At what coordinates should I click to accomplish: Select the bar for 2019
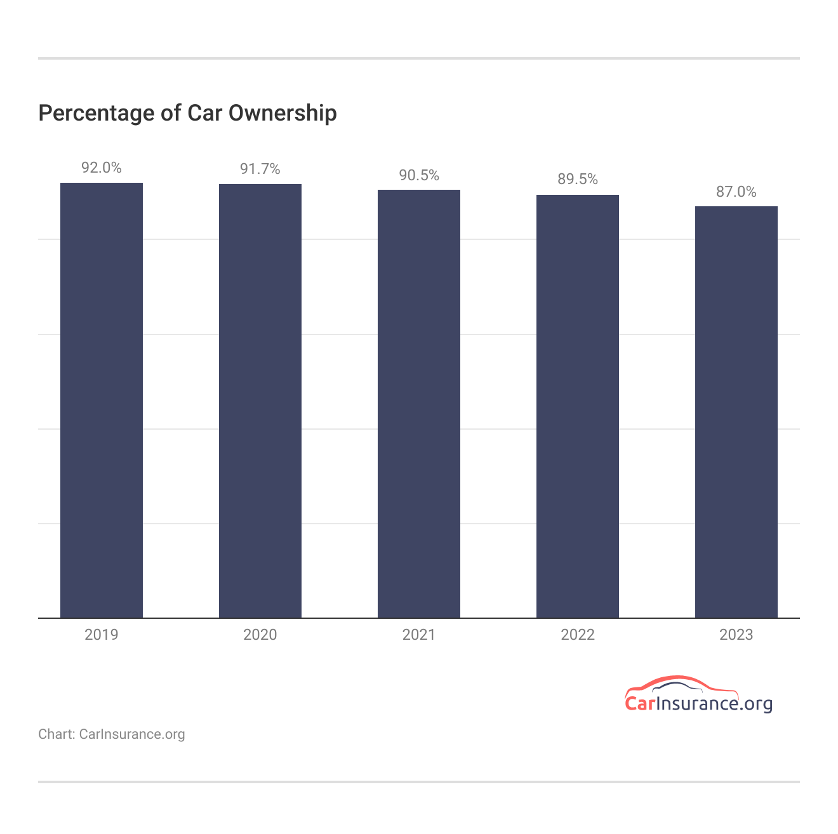(x=102, y=400)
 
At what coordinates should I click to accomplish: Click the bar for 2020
(x=260, y=400)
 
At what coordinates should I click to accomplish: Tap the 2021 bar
(x=419, y=404)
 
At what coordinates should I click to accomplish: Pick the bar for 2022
(x=578, y=406)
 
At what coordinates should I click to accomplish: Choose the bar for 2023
(x=736, y=412)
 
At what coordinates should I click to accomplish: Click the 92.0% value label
(x=102, y=168)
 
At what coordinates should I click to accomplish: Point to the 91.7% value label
(x=260, y=169)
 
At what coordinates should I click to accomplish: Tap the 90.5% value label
(x=419, y=175)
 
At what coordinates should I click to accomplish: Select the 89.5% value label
(x=578, y=179)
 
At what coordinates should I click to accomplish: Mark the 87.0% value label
(x=736, y=192)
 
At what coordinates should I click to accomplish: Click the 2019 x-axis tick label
(x=102, y=635)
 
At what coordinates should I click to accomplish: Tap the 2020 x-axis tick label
(x=260, y=635)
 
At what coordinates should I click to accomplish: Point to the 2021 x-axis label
(x=419, y=635)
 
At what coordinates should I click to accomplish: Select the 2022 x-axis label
(x=578, y=635)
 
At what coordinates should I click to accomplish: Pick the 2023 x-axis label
(x=736, y=635)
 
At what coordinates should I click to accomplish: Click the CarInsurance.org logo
(x=698, y=696)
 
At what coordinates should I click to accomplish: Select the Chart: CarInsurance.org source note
(x=112, y=734)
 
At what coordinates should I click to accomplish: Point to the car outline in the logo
(x=679, y=684)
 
